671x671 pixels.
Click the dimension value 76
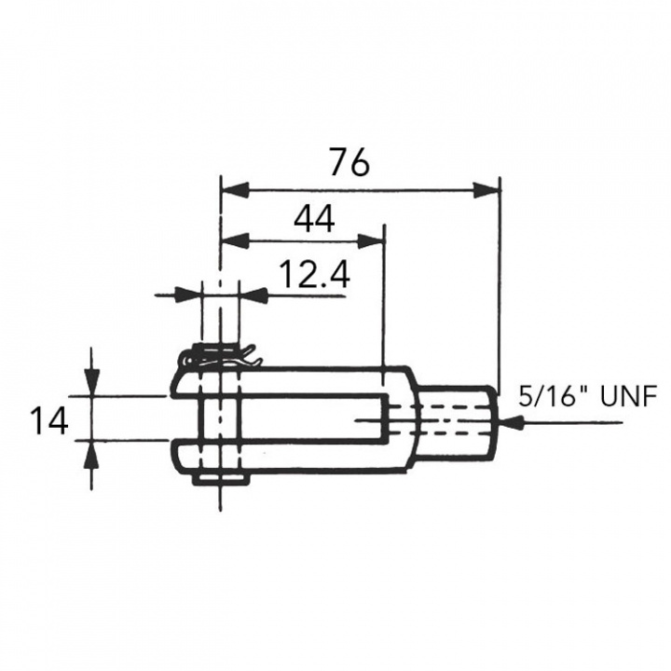click(x=349, y=162)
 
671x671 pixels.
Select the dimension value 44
click(x=314, y=220)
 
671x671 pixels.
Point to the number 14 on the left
click(x=49, y=421)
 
